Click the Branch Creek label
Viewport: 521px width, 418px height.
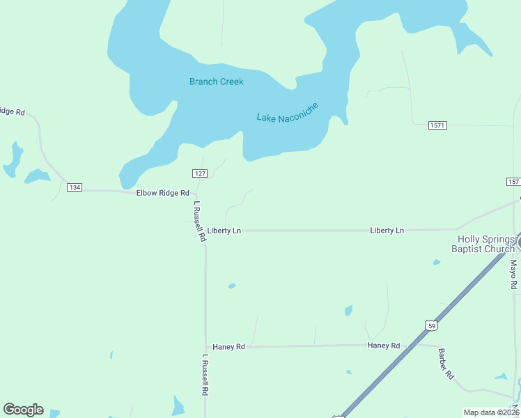[217, 82]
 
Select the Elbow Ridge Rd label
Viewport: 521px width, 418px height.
[163, 192]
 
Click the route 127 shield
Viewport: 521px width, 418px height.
[200, 173]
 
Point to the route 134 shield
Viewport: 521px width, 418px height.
[75, 187]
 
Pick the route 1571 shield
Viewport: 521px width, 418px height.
[437, 125]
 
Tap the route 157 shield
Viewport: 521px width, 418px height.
[513, 181]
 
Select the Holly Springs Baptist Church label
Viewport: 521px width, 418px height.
[483, 243]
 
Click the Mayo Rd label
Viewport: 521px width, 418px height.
[513, 274]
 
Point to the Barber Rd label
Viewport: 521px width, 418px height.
[446, 363]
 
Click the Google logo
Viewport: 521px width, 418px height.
[23, 410]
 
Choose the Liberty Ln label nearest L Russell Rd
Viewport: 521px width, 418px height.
[224, 230]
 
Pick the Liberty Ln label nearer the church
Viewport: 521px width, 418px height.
[387, 230]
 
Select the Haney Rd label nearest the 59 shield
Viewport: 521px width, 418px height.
[384, 346]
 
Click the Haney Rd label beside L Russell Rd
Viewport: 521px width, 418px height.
[228, 346]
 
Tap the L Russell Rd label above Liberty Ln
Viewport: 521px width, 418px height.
[200, 222]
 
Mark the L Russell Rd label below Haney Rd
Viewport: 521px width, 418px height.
[205, 376]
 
